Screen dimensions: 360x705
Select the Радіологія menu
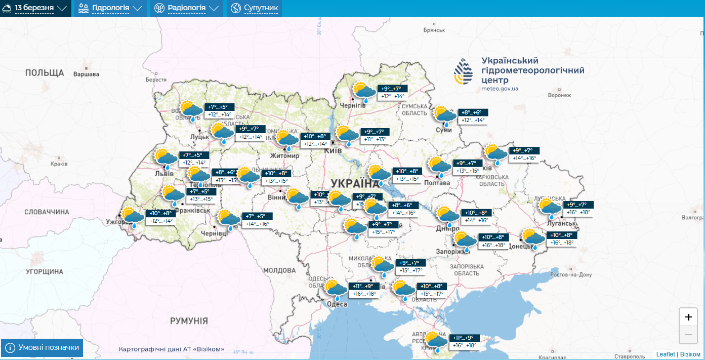pos(187,9)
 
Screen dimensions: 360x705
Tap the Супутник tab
pos(255,9)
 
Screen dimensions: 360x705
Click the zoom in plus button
pos(688,317)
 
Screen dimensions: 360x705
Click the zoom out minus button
pos(688,335)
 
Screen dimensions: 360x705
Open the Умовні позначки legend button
pos(42,348)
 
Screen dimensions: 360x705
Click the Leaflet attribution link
pos(666,354)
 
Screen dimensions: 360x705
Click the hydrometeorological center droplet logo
pos(464,71)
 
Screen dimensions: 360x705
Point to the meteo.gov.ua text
pos(500,89)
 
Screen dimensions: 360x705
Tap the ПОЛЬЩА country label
pos(45,73)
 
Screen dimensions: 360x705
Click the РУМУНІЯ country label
pos(189,321)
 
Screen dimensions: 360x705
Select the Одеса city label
pos(336,304)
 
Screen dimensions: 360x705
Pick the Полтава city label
pos(437,183)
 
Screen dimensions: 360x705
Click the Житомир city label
pos(284,155)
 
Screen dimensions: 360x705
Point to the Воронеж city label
pos(563,95)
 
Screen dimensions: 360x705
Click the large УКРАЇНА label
pos(355,183)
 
